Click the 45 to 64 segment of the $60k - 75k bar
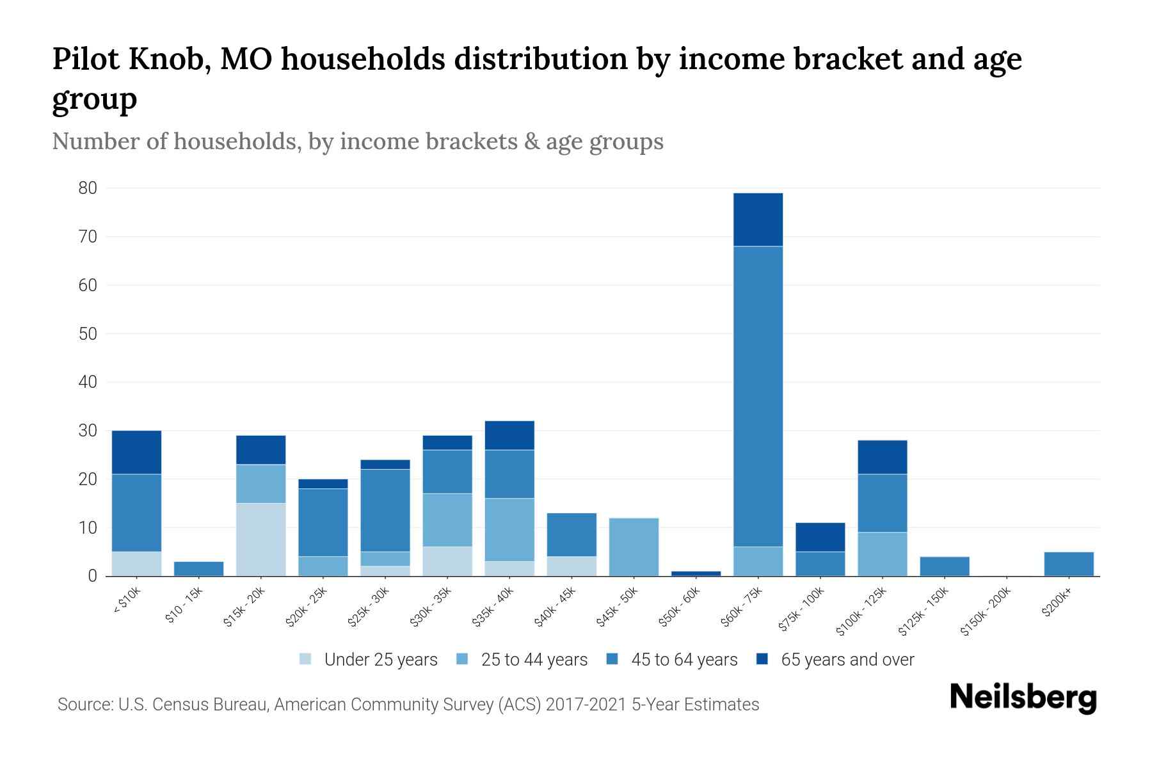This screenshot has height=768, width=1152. (758, 396)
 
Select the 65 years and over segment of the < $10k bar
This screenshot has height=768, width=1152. (136, 452)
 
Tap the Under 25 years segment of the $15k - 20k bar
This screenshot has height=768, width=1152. (260, 540)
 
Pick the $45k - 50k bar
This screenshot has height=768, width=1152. (634, 547)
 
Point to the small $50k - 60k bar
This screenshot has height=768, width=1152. (696, 573)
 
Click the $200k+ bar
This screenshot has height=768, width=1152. (1068, 564)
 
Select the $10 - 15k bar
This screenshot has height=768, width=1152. (198, 569)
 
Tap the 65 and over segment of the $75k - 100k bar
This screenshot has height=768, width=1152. (820, 537)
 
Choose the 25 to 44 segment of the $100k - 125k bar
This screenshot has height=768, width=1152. (882, 554)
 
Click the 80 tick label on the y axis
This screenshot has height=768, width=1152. (88, 188)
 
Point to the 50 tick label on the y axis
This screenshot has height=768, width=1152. (88, 334)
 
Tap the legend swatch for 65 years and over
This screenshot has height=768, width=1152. (762, 659)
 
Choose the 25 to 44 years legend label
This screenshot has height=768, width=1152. (534, 660)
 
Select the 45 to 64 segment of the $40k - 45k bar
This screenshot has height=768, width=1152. (572, 535)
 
